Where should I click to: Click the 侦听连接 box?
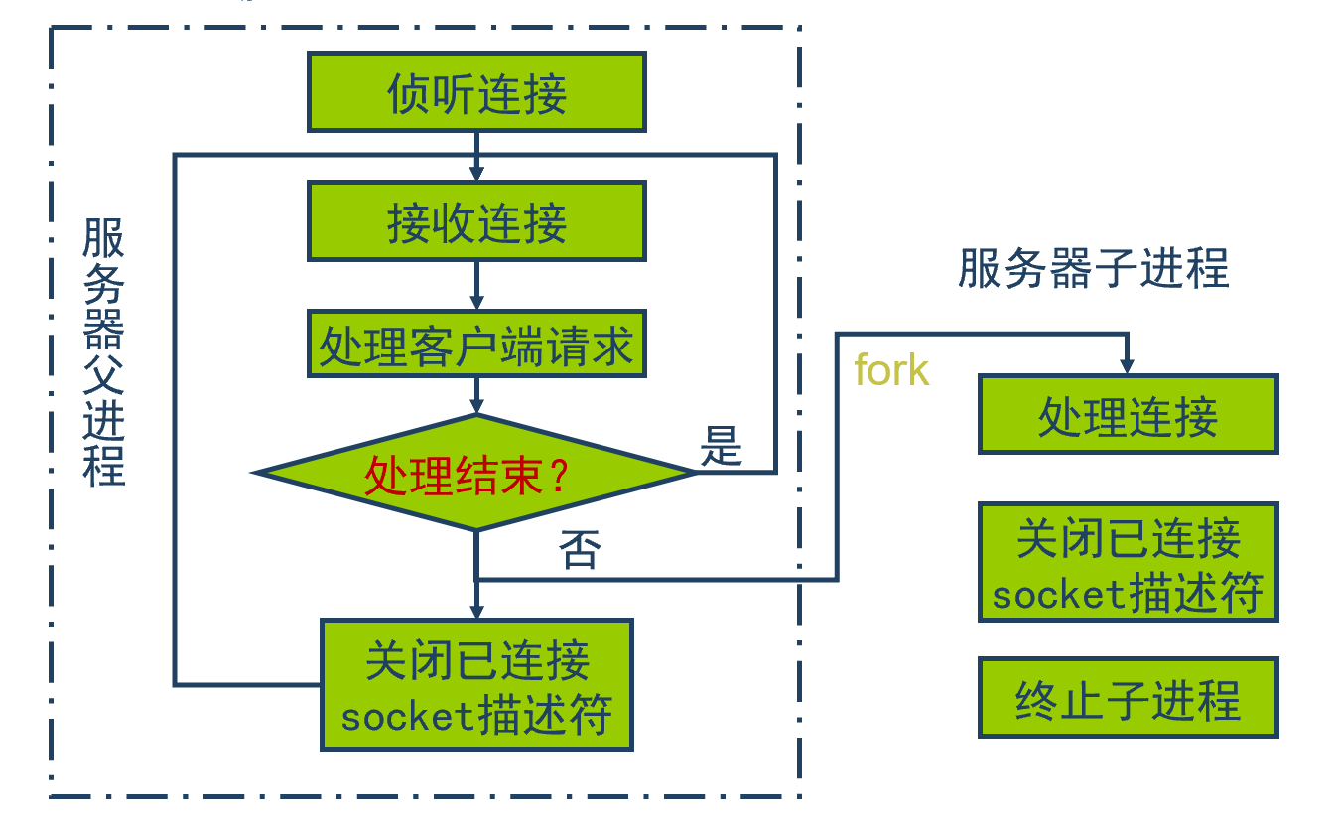(x=476, y=92)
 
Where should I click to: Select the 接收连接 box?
(x=476, y=221)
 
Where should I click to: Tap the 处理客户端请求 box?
(x=476, y=345)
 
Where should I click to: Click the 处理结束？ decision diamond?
(x=476, y=474)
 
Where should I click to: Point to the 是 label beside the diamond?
(x=722, y=446)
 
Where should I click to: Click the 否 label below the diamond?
(x=581, y=549)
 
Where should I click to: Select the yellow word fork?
(x=890, y=370)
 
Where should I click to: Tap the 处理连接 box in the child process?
(x=1128, y=414)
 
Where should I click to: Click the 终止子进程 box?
(x=1128, y=697)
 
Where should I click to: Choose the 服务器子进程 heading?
(x=1093, y=268)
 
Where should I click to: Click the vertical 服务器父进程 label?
(x=103, y=352)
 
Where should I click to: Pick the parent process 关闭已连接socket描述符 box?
(x=476, y=685)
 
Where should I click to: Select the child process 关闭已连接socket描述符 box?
(x=1128, y=562)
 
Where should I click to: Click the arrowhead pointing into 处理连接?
(x=1127, y=366)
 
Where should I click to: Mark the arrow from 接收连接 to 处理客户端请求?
(x=476, y=286)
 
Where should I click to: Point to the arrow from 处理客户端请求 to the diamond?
(x=476, y=395)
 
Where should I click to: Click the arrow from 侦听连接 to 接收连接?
(x=476, y=157)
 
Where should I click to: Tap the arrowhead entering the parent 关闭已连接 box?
(x=476, y=610)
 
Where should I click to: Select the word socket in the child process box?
(x=1058, y=594)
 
